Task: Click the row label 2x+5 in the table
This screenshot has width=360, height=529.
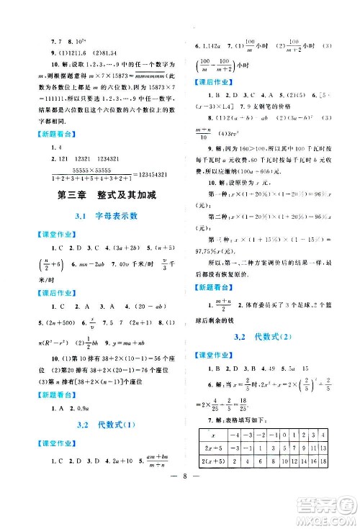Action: pos(217,448)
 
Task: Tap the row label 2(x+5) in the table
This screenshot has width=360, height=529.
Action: pos(217,461)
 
